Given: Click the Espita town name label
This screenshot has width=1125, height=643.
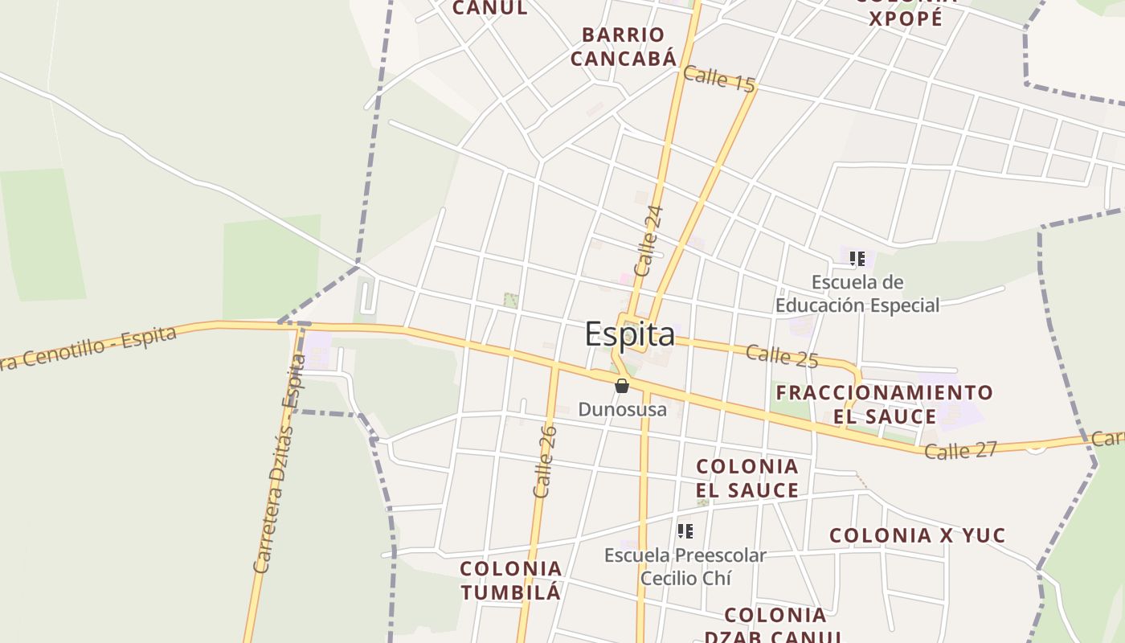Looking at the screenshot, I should tap(630, 334).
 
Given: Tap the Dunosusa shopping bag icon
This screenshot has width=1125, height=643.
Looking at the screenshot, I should tap(621, 386).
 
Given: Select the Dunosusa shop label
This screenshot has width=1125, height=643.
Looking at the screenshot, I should tap(622, 409).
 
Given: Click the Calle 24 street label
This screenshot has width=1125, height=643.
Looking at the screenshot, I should tap(648, 241).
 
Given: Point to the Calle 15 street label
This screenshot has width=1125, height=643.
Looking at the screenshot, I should tap(719, 79).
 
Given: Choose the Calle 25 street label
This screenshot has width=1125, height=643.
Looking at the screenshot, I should tap(781, 355).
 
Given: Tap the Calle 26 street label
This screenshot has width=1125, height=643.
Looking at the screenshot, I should tap(545, 461).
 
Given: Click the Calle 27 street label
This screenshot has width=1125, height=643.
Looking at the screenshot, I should tap(960, 450).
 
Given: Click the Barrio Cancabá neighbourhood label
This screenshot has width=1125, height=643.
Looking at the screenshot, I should tap(623, 46).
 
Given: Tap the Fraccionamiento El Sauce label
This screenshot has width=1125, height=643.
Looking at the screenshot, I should tap(884, 404).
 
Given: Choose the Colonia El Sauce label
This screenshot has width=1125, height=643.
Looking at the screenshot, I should tap(747, 478).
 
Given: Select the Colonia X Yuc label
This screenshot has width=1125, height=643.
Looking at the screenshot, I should tap(917, 535).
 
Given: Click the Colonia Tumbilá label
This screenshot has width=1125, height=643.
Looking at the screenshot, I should tap(510, 580).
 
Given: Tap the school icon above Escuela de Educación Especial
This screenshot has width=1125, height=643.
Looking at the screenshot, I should tap(857, 259).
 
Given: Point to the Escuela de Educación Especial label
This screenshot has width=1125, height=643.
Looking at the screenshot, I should tap(857, 294).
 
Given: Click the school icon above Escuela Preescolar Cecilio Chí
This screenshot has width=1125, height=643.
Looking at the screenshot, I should tap(685, 530).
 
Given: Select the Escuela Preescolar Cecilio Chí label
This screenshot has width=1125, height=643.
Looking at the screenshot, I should tap(685, 567).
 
